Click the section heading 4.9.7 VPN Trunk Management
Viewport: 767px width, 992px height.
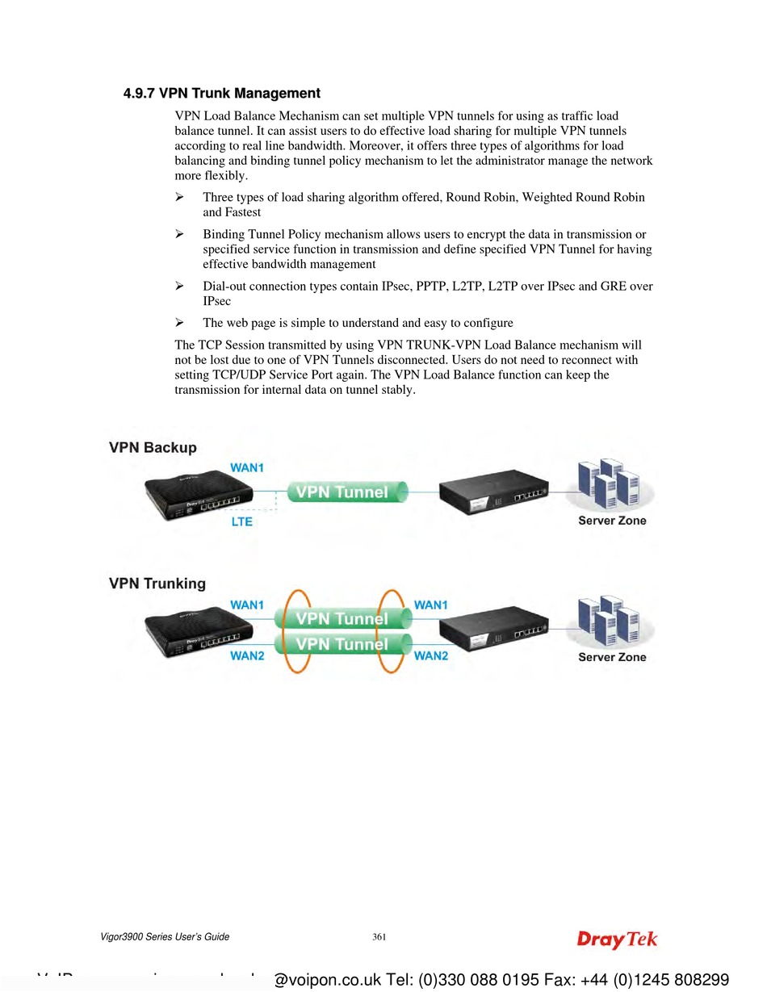coord(221,94)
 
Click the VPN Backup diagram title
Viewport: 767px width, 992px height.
coord(153,448)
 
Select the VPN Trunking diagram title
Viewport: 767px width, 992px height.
coord(157,584)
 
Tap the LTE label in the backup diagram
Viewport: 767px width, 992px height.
coord(241,521)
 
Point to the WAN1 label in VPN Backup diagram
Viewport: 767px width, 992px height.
coord(247,467)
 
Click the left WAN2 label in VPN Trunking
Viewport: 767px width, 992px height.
coord(247,656)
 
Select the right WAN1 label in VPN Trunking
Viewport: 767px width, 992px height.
coord(430,605)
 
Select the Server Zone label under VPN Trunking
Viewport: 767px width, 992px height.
coord(612,657)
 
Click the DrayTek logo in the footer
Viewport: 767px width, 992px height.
coord(617,940)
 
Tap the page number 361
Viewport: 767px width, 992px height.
coord(379,937)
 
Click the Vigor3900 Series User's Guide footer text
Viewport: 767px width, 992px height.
coord(165,937)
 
